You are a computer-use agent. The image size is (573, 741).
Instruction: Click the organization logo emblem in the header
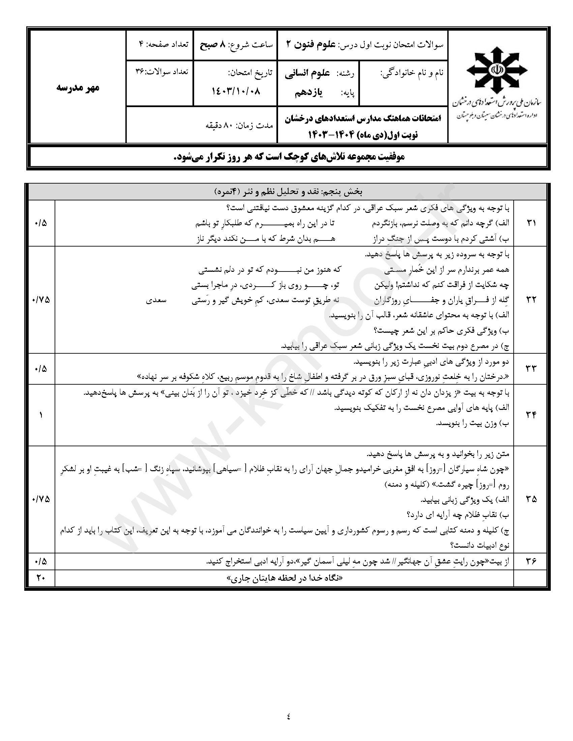click(x=497, y=70)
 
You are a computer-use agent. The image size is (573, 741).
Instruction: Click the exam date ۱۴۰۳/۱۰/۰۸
click(x=236, y=91)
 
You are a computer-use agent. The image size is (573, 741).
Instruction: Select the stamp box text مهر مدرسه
click(x=78, y=88)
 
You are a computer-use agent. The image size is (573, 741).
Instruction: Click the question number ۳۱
click(x=531, y=223)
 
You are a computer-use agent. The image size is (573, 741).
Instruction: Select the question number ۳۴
click(x=531, y=415)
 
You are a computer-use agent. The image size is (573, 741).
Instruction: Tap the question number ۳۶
click(x=531, y=561)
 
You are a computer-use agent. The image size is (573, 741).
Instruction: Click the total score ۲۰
click(x=40, y=578)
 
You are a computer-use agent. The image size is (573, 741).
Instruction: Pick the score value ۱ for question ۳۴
click(x=40, y=415)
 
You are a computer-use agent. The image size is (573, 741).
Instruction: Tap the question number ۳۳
click(x=531, y=369)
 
